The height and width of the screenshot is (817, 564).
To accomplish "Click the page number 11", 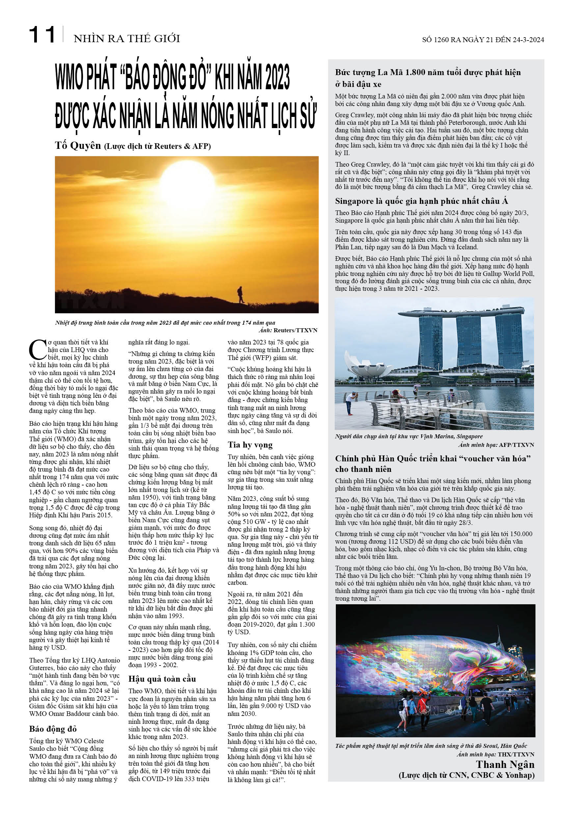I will point(42,35).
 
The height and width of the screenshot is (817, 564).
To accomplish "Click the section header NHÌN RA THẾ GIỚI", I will point(126,38).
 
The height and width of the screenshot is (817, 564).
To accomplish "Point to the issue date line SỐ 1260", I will point(483,40).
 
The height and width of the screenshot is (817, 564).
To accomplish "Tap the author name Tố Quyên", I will point(78,145).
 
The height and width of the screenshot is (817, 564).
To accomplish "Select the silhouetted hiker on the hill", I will point(240,294).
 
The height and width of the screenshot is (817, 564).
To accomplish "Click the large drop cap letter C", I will point(37,349).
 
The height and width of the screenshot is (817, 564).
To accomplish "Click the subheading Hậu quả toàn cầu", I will point(162,678).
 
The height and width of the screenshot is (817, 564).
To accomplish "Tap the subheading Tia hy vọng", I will point(250,445).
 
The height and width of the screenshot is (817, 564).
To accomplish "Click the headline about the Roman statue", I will point(428,78).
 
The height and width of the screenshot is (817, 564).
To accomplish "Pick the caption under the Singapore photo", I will point(409,436).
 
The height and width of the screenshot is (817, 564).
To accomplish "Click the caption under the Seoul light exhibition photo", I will point(431,746).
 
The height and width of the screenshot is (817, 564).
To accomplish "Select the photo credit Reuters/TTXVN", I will point(295,330).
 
